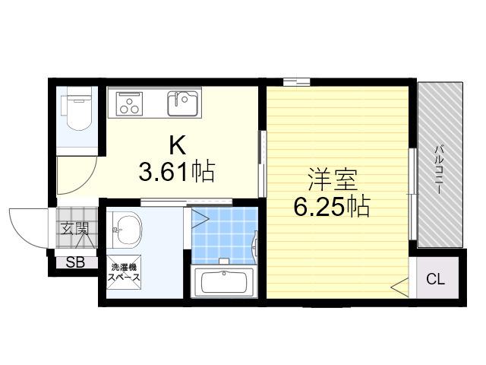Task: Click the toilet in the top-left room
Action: point(77,110)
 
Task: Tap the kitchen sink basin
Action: point(182,103)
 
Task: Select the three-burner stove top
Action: point(129,103)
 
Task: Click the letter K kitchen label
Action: point(178,145)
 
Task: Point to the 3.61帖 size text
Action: point(177,171)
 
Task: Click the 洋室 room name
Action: point(332,180)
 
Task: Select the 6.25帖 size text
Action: point(332,206)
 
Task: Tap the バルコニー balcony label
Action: point(438,169)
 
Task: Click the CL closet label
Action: point(435,279)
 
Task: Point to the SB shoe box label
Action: point(75,262)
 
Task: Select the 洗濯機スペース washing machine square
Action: point(124,272)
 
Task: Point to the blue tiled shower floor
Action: point(225,235)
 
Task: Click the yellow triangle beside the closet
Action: point(400,287)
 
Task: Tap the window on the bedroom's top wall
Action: point(296,81)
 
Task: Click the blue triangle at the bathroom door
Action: point(199,219)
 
